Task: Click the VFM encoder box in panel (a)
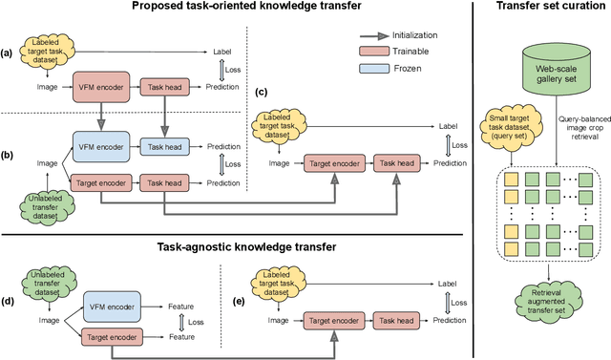point(100,86)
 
